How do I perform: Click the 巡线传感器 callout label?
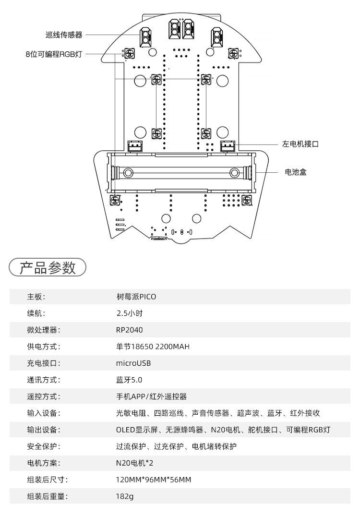click(x=64, y=35)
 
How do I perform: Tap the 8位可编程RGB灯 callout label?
click(x=54, y=54)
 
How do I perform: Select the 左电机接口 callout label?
click(x=300, y=144)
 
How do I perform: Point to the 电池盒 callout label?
click(x=296, y=172)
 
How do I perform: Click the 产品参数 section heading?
click(x=48, y=267)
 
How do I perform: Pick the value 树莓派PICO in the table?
click(x=136, y=297)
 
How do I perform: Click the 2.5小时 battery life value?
click(x=130, y=313)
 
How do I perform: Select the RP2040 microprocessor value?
click(x=129, y=330)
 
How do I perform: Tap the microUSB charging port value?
click(x=133, y=363)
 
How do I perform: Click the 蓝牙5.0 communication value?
click(x=129, y=380)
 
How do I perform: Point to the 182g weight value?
click(x=125, y=496)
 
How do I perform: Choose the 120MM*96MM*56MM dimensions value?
click(x=154, y=480)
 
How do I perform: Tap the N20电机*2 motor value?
click(x=135, y=463)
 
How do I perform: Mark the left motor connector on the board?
click(x=135, y=146)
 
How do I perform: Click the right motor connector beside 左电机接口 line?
click(x=228, y=146)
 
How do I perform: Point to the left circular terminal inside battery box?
click(x=128, y=173)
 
